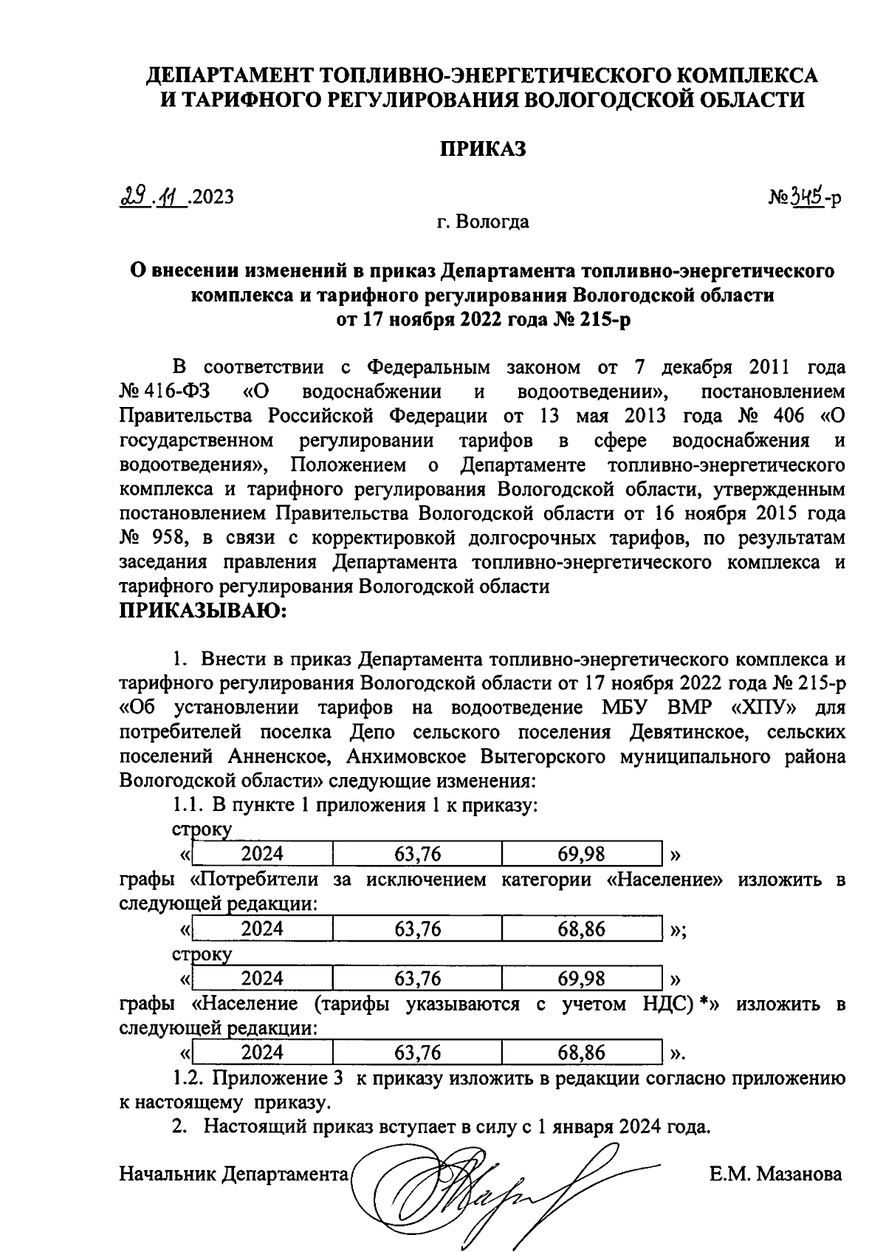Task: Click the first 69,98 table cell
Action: pos(581,855)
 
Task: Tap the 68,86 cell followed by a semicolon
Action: pos(581,928)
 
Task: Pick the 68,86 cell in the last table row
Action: pos(581,1052)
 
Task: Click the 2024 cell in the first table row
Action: pos(262,855)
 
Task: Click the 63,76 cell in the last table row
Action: pos(417,1052)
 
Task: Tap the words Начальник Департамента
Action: pos(233,1174)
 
